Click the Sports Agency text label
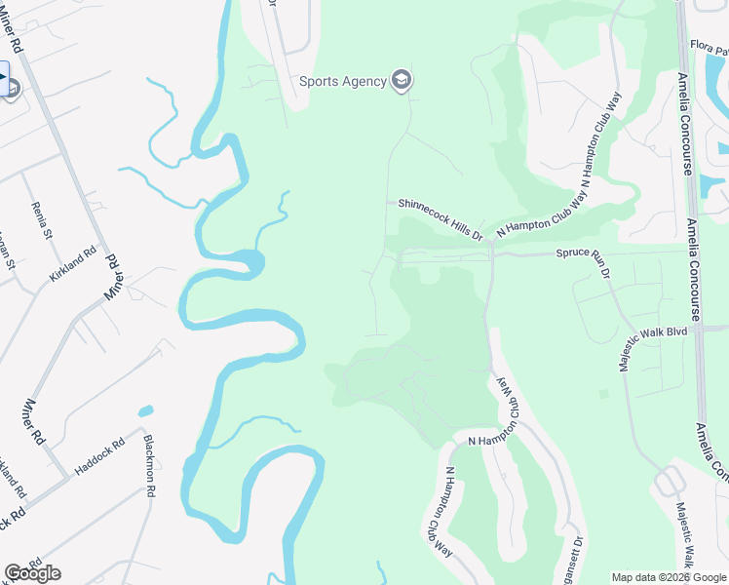(x=342, y=81)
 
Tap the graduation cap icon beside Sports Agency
(x=401, y=80)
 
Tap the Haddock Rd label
(x=100, y=456)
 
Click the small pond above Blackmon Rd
(x=145, y=411)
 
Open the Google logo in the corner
(x=32, y=573)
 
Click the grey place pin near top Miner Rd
(x=12, y=88)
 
